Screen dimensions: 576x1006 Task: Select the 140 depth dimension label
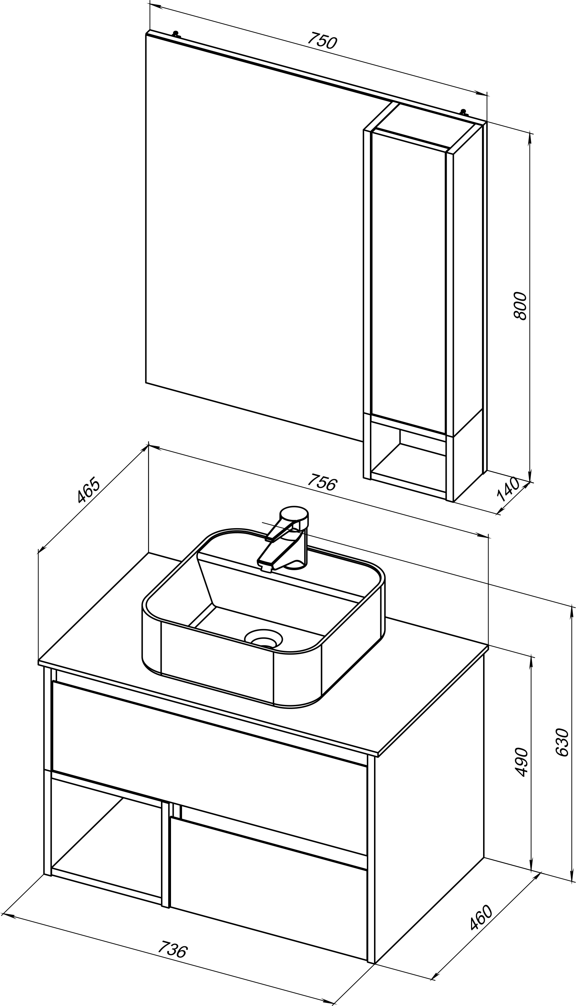pos(508,489)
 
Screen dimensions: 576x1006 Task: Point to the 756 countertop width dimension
pos(322,482)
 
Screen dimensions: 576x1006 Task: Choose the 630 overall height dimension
pos(562,742)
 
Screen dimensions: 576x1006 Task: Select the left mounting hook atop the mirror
pos(176,34)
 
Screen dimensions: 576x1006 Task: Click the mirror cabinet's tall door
pos(409,283)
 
